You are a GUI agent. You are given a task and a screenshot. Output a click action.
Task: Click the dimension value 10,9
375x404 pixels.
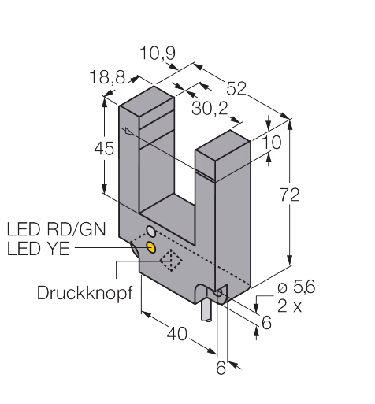158,54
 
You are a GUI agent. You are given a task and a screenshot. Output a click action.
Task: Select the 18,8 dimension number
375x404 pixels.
107,77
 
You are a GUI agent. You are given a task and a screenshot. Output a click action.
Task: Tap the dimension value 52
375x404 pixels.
236,88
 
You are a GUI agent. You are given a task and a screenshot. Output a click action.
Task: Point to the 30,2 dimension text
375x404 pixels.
210,108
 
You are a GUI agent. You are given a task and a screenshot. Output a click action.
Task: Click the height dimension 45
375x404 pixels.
104,148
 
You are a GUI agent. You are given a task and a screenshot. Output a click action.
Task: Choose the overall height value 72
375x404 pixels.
290,195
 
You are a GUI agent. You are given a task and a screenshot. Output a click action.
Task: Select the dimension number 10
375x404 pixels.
272,143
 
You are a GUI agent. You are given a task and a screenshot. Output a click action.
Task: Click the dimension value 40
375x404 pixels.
177,334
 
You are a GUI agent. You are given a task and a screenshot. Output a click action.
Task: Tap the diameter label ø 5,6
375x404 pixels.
296,287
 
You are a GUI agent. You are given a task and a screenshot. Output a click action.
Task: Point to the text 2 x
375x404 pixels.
290,306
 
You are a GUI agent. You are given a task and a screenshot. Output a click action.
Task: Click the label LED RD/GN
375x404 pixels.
56,229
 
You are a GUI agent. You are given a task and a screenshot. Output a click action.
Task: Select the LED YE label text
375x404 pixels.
39,249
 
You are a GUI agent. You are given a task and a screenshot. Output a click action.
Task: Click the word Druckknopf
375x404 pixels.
84,293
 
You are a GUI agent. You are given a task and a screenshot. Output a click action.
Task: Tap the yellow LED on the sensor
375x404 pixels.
151,247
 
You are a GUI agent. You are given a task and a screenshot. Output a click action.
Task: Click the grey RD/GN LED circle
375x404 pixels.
151,232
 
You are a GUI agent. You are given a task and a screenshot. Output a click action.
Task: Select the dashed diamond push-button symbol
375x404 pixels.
171,260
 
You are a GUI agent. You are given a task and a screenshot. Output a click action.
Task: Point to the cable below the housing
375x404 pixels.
206,312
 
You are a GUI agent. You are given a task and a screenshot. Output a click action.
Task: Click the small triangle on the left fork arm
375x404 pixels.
129,132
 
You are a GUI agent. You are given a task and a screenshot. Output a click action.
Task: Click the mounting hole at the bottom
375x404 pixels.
218,292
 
